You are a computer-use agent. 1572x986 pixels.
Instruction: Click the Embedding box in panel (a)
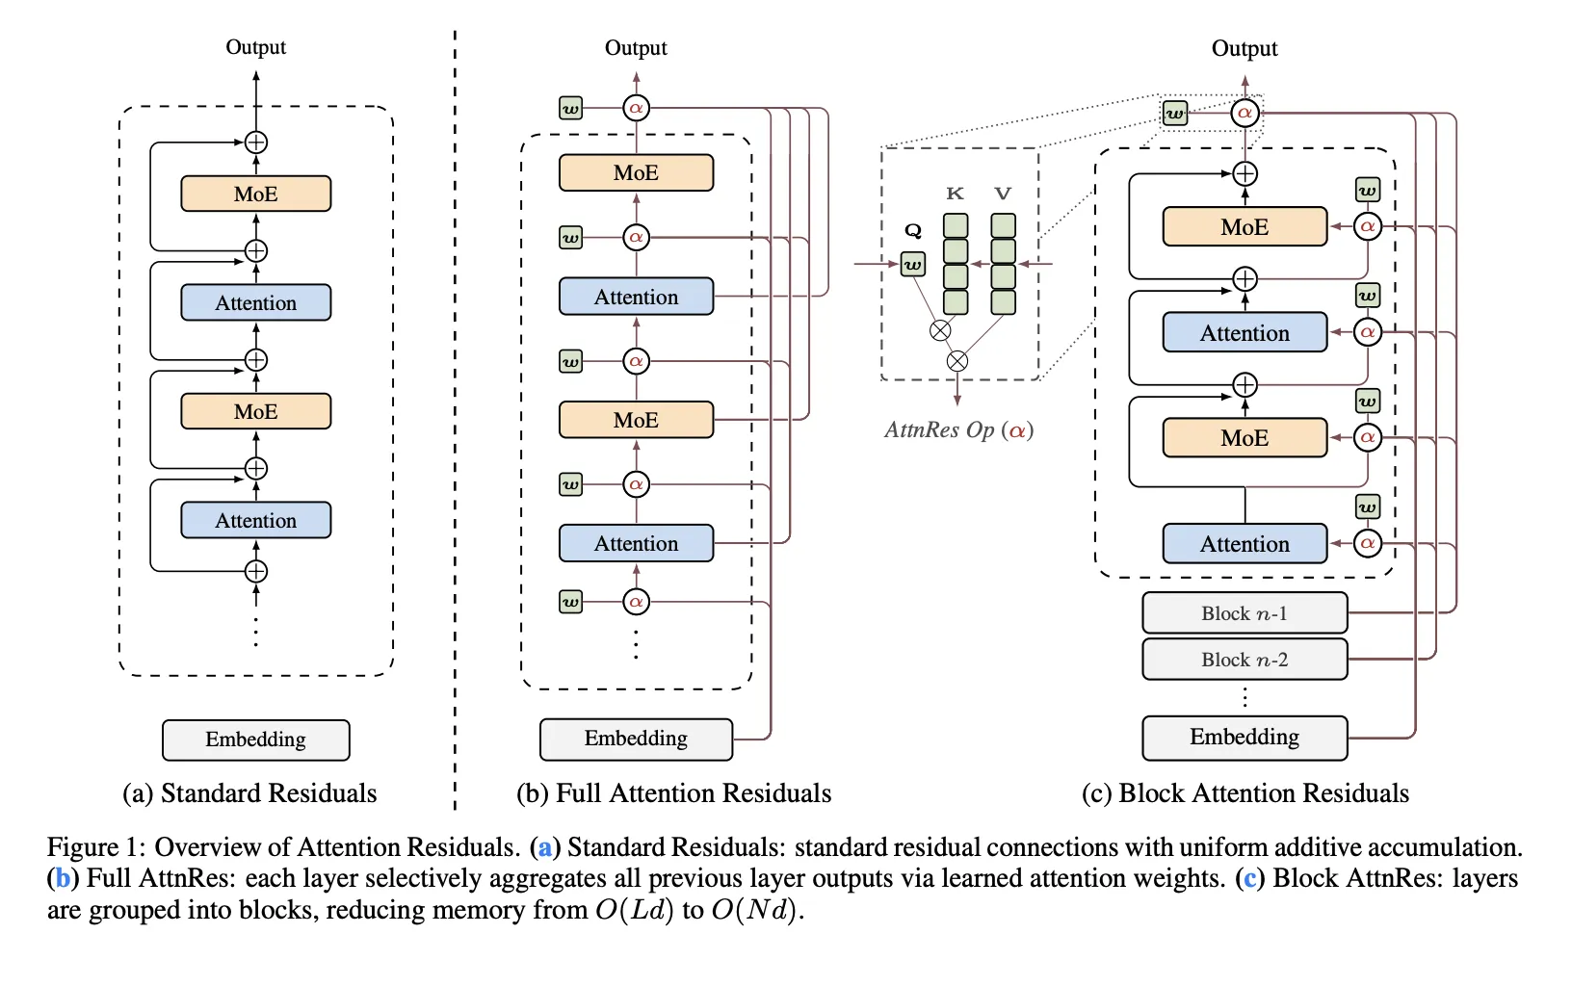[x=255, y=739]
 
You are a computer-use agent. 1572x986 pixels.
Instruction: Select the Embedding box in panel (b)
[x=636, y=739]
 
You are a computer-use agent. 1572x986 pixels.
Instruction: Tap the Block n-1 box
[x=1244, y=613]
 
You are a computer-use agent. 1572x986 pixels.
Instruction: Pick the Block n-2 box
[x=1244, y=660]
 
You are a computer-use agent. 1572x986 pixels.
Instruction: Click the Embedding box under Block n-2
[x=1244, y=738]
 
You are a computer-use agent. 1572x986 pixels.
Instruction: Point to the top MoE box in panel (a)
[x=255, y=194]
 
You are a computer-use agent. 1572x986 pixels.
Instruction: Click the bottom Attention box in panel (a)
[x=255, y=520]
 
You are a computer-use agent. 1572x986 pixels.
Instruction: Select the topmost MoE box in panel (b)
[x=636, y=172]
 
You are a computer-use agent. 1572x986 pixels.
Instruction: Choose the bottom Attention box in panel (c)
[x=1244, y=544]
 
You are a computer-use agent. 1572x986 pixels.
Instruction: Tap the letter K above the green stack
[x=955, y=194]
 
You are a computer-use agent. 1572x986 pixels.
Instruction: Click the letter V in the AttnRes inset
[x=1003, y=194]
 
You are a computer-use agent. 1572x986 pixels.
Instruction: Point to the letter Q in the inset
[x=913, y=230]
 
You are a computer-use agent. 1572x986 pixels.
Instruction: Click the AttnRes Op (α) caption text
[x=958, y=429]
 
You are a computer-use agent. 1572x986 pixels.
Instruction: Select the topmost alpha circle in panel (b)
[x=636, y=108]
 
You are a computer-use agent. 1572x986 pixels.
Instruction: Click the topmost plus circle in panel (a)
[x=255, y=143]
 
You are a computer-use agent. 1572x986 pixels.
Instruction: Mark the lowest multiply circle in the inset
[x=956, y=361]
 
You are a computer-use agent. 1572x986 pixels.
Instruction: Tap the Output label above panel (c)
[x=1244, y=48]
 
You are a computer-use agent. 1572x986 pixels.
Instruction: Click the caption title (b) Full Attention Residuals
[x=673, y=792]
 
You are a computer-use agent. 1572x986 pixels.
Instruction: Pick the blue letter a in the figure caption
[x=545, y=847]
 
